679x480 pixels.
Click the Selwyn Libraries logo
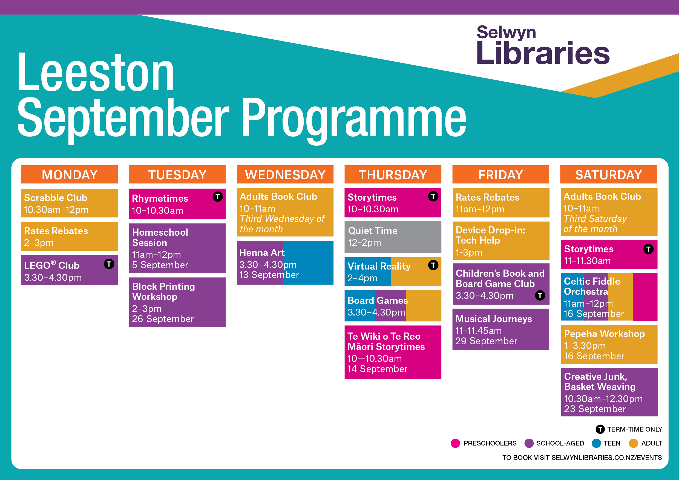pyautogui.click(x=543, y=45)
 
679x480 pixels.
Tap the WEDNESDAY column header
pyautogui.click(x=285, y=174)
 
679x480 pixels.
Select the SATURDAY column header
pyautogui.click(x=609, y=174)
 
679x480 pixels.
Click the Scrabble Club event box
pyautogui.click(x=70, y=203)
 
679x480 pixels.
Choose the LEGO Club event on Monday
pyautogui.click(x=70, y=270)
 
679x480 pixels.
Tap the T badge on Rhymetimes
pyautogui.click(x=218, y=196)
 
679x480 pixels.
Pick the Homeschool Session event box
pyautogui.click(x=177, y=248)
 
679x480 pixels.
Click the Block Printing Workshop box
pyautogui.click(x=177, y=302)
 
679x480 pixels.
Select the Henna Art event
pyautogui.click(x=285, y=263)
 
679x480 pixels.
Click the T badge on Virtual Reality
pyautogui.click(x=433, y=265)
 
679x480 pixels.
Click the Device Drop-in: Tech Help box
pyautogui.click(x=501, y=241)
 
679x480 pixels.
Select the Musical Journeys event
pyautogui.click(x=501, y=329)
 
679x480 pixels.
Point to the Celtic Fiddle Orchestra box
pyautogui.click(x=609, y=297)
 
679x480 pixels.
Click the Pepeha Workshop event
pyautogui.click(x=609, y=345)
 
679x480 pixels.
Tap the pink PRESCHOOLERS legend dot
pyautogui.click(x=455, y=443)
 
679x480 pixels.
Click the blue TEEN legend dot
pyautogui.click(x=597, y=443)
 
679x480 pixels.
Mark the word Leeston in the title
pyautogui.click(x=96, y=72)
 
